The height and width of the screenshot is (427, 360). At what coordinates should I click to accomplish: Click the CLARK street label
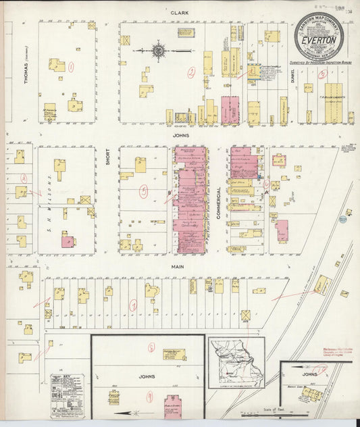(x=179, y=13)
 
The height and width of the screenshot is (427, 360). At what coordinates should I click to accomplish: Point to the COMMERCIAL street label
(x=219, y=201)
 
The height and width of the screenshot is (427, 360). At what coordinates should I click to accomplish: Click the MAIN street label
(x=178, y=266)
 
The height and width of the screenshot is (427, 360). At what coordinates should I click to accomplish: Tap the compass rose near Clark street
(x=159, y=50)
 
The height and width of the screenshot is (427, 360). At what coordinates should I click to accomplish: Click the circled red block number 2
(x=192, y=72)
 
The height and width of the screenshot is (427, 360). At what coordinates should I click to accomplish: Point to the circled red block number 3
(x=308, y=88)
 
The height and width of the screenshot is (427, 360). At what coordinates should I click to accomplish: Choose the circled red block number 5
(x=143, y=191)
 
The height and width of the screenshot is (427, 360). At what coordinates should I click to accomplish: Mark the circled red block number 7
(x=134, y=306)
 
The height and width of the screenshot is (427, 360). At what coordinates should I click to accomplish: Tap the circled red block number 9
(x=149, y=397)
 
